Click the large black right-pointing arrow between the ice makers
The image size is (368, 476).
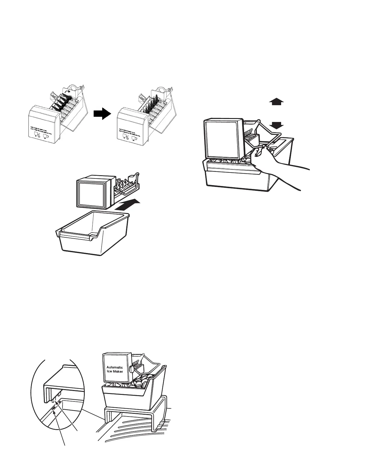(x=102, y=114)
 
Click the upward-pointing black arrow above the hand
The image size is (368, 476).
(x=276, y=102)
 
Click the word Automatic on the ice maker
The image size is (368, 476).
(x=115, y=367)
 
